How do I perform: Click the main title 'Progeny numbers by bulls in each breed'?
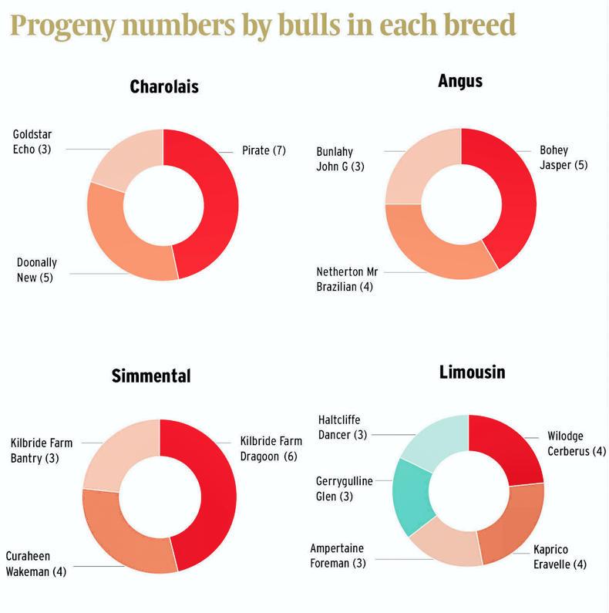point(263,25)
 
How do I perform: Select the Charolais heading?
point(164,86)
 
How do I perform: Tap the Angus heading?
point(460,81)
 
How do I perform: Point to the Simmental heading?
point(151,376)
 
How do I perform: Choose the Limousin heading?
point(472,372)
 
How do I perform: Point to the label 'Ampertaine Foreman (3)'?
point(338,556)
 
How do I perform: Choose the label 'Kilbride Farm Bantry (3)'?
point(40,450)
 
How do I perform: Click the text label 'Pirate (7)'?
point(264,150)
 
